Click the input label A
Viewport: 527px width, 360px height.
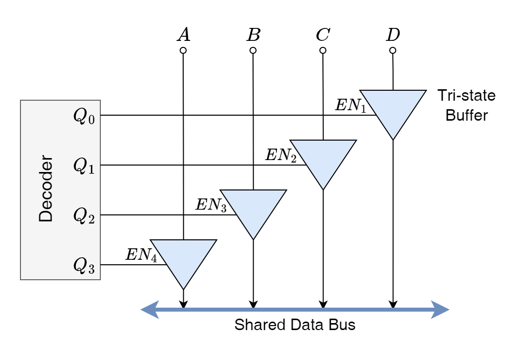tap(184, 35)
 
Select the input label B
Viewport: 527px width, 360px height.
tap(254, 35)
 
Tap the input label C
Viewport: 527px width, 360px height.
tap(323, 35)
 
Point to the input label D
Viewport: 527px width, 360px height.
tap(393, 35)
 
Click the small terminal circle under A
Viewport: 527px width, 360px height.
tap(184, 50)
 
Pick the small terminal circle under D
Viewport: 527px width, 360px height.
tap(393, 50)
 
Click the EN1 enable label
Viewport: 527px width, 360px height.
tap(350, 106)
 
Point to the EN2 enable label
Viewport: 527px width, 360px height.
tap(280, 156)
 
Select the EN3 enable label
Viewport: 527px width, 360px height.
tap(211, 205)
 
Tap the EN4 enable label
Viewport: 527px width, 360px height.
tap(141, 255)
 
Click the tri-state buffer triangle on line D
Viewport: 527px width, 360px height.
tap(393, 110)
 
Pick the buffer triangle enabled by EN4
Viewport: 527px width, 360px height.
tap(184, 259)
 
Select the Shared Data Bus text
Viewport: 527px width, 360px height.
tap(295, 325)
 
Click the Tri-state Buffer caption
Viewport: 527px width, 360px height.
tap(466, 105)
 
